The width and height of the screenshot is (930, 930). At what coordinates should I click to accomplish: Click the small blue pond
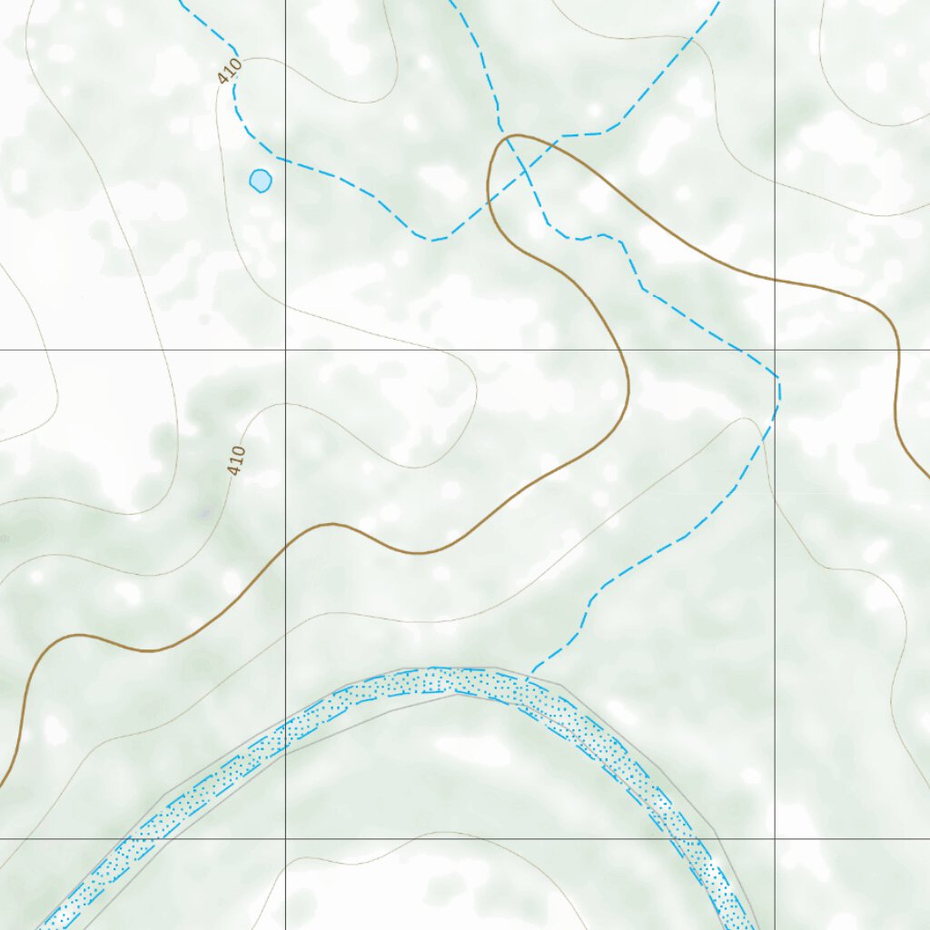tap(260, 181)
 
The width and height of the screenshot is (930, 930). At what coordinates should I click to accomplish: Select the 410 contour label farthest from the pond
tap(237, 461)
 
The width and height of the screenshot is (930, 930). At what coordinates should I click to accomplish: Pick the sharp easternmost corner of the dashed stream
tap(779, 380)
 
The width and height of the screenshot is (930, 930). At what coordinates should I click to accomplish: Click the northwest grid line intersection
tap(285, 350)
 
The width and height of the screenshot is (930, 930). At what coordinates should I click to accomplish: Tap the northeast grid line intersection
tap(775, 350)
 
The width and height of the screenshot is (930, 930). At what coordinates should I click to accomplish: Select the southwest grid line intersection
tap(285, 838)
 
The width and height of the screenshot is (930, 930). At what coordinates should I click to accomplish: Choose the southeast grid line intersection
tap(775, 838)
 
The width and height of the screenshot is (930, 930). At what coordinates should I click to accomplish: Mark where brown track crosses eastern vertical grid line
tap(775, 279)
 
